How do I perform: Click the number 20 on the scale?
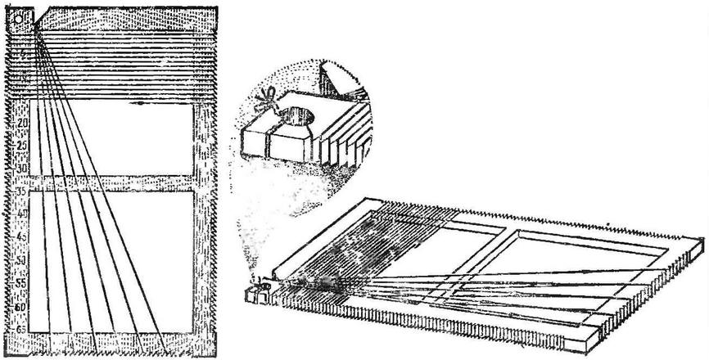point(22,123)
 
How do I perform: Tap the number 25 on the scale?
point(22,146)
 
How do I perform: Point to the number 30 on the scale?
point(22,168)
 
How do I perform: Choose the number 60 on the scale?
point(22,306)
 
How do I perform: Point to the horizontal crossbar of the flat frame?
point(115,182)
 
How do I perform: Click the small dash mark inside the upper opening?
point(145,105)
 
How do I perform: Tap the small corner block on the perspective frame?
point(256,291)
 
